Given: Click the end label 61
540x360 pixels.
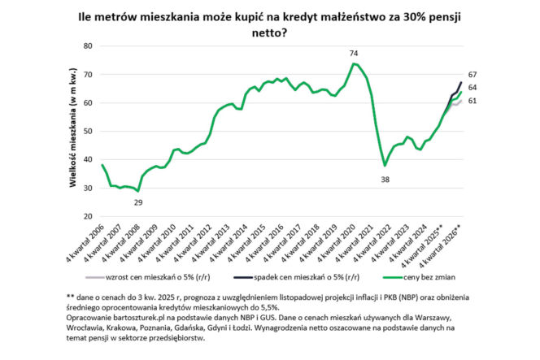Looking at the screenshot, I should click(471, 101).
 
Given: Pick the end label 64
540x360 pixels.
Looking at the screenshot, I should click(471, 87).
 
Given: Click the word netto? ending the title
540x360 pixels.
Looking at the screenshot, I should click(268, 33).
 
